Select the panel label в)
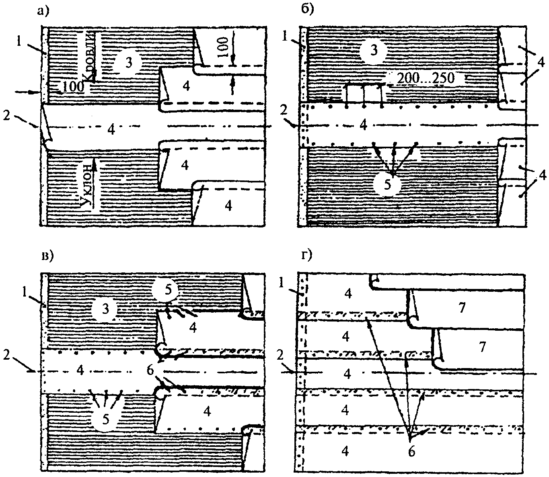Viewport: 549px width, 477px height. pyautogui.click(x=47, y=256)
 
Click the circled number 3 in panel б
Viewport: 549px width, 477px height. pyautogui.click(x=374, y=51)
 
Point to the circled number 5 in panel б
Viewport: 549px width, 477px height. pyautogui.click(x=387, y=184)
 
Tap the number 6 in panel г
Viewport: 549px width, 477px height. pyautogui.click(x=411, y=451)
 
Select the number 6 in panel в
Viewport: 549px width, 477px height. pyautogui.click(x=150, y=370)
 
